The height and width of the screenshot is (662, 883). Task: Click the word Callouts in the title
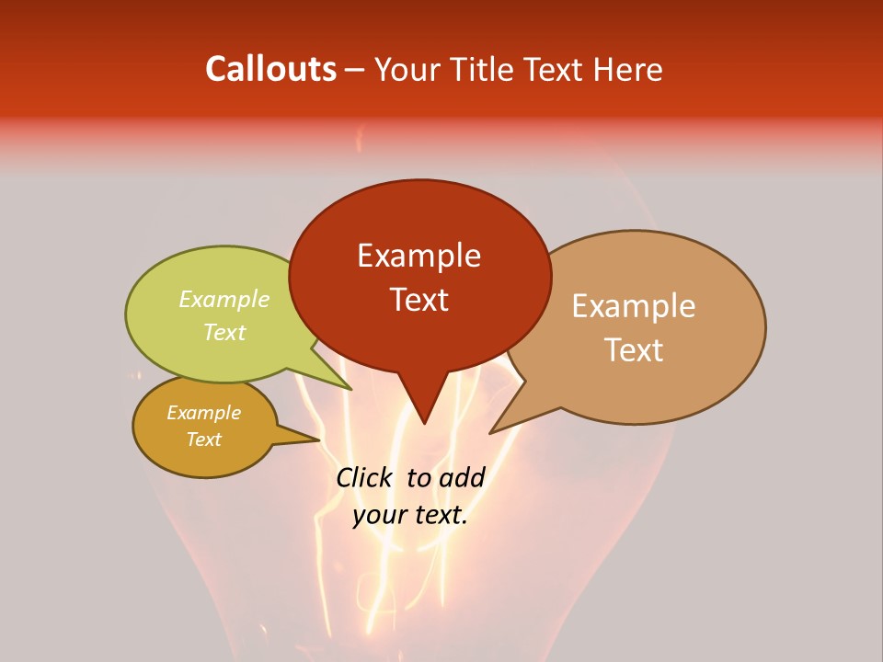(x=270, y=69)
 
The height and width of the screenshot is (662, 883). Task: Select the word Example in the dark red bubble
(x=419, y=255)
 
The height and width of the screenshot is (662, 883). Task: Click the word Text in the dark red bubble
(x=419, y=300)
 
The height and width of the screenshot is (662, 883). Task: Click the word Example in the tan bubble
(x=634, y=306)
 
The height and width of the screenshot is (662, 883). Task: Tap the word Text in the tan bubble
(x=635, y=350)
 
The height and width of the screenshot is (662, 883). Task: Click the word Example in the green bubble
(x=224, y=299)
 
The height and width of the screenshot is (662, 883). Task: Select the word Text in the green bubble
(x=224, y=332)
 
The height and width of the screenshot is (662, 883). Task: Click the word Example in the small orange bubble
(x=203, y=413)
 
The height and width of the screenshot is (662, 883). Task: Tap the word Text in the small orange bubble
(x=203, y=439)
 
